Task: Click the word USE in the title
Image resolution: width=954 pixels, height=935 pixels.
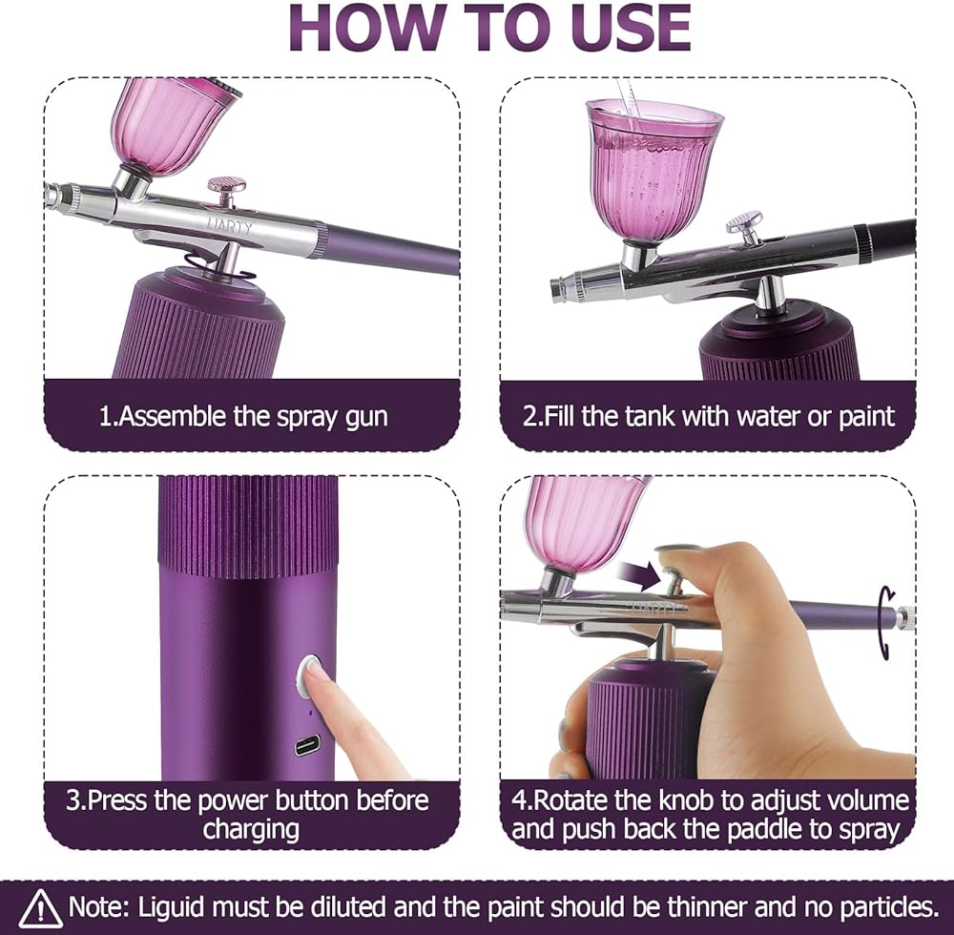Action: [627, 28]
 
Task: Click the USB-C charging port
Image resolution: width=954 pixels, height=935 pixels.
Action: [306, 745]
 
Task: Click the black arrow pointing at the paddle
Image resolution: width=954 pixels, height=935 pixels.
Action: [638, 573]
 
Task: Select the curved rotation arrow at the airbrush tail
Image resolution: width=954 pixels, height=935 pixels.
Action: [887, 622]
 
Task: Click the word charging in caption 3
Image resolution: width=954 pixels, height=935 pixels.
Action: [251, 830]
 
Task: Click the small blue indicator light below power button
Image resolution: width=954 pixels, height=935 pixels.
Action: [310, 713]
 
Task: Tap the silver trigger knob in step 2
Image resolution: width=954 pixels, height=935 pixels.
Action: [744, 220]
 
